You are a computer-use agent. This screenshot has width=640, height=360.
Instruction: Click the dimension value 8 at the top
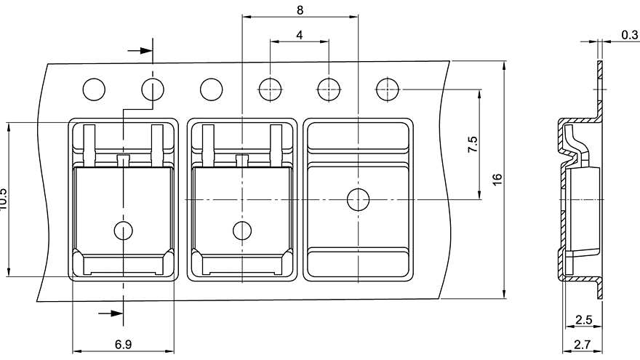click(x=300, y=9)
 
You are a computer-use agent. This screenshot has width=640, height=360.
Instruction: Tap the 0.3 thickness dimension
click(x=629, y=35)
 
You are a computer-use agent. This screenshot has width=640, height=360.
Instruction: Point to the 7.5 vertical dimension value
click(x=473, y=143)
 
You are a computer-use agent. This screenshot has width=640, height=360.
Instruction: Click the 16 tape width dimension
click(x=497, y=178)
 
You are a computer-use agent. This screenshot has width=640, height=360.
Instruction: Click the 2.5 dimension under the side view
click(x=583, y=319)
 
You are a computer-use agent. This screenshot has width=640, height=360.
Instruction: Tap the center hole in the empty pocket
click(x=358, y=199)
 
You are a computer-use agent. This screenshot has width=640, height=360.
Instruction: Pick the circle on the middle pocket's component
click(x=242, y=231)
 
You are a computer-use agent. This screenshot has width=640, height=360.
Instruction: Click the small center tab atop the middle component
click(x=242, y=159)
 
